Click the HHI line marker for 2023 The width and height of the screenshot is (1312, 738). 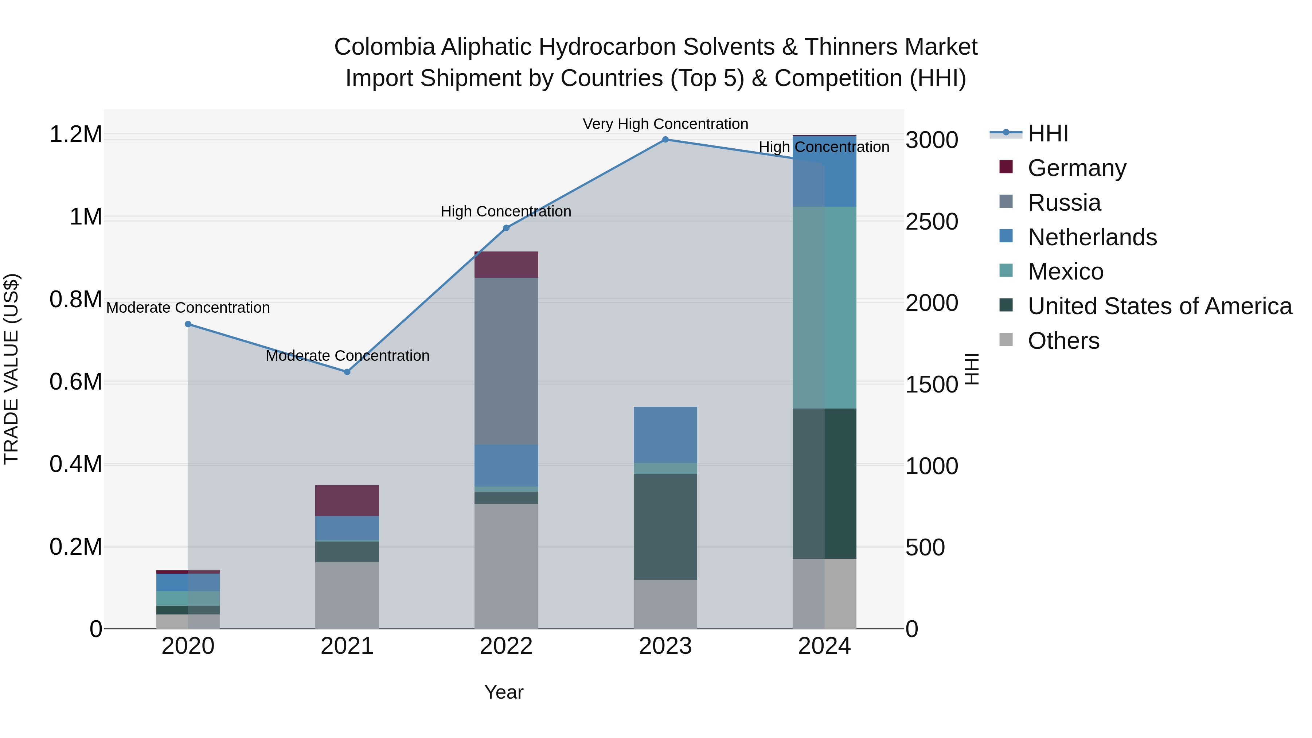665,140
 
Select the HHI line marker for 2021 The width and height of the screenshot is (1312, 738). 347,372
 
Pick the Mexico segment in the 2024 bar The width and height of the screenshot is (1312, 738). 825,307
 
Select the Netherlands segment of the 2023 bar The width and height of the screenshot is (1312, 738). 665,434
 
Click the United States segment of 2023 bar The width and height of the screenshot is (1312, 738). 665,527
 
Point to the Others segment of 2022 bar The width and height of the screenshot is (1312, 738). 506,566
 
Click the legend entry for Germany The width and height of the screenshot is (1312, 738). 1077,168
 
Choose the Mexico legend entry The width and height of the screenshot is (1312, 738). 1066,272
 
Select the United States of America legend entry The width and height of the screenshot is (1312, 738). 1159,306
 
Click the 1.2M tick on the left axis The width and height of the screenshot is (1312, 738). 75,135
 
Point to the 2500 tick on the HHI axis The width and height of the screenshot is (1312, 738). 932,222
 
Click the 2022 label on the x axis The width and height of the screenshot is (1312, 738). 506,646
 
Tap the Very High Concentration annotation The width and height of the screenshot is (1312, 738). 665,124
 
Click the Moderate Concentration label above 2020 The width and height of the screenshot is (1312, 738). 188,308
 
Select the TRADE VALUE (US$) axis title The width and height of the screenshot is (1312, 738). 11,369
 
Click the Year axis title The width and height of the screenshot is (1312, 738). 504,692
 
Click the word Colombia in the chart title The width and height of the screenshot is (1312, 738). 384,47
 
